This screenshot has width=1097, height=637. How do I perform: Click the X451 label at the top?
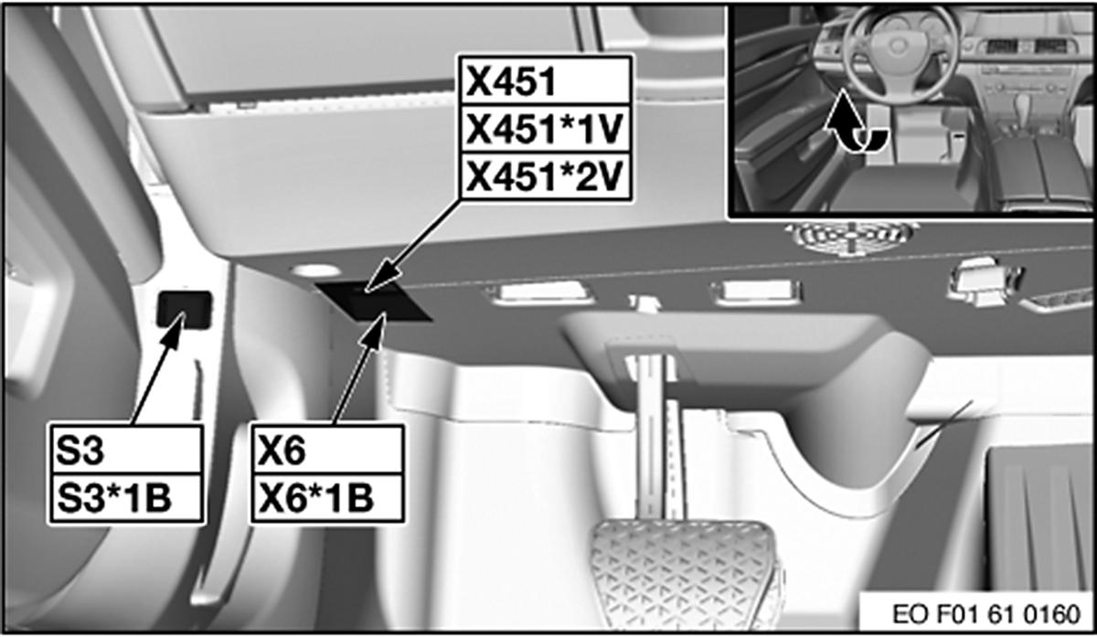(x=511, y=81)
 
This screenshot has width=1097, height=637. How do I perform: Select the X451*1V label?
(x=544, y=129)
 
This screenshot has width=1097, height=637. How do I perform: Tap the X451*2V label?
(x=544, y=176)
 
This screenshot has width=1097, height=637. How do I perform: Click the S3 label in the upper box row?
(x=80, y=450)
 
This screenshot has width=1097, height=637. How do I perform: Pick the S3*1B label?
(x=114, y=497)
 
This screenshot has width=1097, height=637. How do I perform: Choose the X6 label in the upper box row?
(x=282, y=450)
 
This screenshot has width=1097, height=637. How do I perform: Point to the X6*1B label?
(x=316, y=497)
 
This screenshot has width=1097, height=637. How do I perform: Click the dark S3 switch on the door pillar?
(x=184, y=309)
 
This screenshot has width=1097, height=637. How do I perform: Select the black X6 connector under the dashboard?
(x=374, y=303)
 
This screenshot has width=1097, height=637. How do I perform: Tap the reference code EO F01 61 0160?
(x=986, y=614)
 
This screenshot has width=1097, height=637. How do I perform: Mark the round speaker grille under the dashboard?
(x=852, y=237)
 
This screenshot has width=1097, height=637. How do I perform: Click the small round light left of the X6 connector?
(x=315, y=271)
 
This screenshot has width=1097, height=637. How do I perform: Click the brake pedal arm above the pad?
(x=659, y=436)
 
